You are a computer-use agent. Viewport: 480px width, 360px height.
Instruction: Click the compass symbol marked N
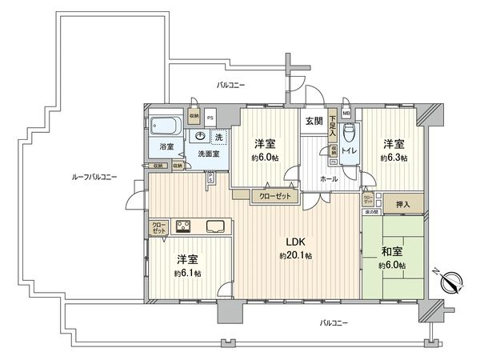tap(450, 281)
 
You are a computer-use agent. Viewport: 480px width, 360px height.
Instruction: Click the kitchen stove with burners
tap(182, 226)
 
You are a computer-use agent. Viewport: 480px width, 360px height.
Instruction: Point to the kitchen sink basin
tap(216, 226)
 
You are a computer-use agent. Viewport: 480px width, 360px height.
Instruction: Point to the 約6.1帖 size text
tap(189, 273)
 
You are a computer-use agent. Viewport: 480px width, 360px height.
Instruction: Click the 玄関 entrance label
tap(313, 121)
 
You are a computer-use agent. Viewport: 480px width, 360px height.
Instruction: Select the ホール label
tap(328, 180)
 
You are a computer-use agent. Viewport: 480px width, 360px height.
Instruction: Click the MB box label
tap(346, 114)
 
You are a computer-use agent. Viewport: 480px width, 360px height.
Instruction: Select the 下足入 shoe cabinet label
tap(332, 126)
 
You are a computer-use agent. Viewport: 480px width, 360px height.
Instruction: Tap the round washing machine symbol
tap(200, 135)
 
